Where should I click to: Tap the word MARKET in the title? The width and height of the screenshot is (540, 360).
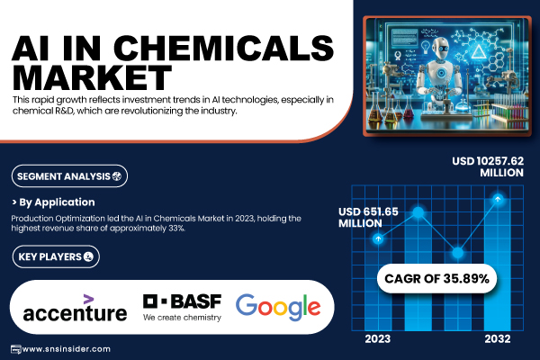92,77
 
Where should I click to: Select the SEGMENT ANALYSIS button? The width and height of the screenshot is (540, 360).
69,176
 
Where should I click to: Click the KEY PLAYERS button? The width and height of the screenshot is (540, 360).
56,256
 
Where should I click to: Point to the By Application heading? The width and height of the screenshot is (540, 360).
53,202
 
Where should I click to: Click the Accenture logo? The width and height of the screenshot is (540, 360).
75,308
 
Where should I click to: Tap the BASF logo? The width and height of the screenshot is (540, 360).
182,307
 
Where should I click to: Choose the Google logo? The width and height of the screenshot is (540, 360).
278,307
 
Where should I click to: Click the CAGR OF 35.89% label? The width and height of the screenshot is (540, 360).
436,278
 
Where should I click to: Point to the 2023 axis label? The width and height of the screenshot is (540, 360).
378,339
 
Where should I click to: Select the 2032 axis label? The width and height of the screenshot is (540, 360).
498,339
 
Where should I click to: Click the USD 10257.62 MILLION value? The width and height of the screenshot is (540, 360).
488,166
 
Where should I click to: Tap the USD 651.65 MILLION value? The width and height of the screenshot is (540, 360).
368,218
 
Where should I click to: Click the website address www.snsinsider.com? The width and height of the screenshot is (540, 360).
66,349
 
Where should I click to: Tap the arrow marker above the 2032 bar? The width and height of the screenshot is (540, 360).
498,199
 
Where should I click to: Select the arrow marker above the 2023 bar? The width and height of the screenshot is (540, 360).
378,238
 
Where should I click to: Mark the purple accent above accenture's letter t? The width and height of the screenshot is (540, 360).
88,299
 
